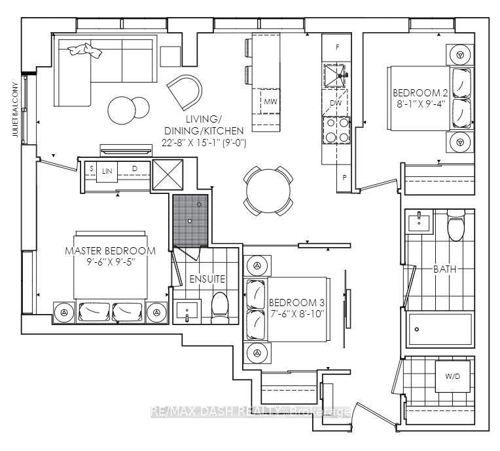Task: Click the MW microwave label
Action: [x=270, y=102]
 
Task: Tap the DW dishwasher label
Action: [x=336, y=103]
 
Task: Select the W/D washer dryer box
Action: [x=453, y=376]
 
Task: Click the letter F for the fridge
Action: [x=338, y=48]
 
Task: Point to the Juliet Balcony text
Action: [x=15, y=109]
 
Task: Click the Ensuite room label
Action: [x=207, y=279]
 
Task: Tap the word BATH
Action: [x=445, y=269]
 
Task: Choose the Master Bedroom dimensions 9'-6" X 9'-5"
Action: [x=111, y=262]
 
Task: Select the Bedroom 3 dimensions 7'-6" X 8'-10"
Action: [x=297, y=313]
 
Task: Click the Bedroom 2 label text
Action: [x=420, y=93]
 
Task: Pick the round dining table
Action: [x=268, y=191]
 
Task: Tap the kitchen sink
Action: [x=335, y=75]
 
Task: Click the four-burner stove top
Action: [x=337, y=130]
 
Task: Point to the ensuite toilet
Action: [x=220, y=307]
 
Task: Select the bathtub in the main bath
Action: [x=440, y=329]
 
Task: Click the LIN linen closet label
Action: [x=107, y=171]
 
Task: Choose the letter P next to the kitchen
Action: [x=344, y=178]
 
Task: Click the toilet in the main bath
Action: [x=456, y=225]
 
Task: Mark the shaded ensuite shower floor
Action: [x=190, y=220]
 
